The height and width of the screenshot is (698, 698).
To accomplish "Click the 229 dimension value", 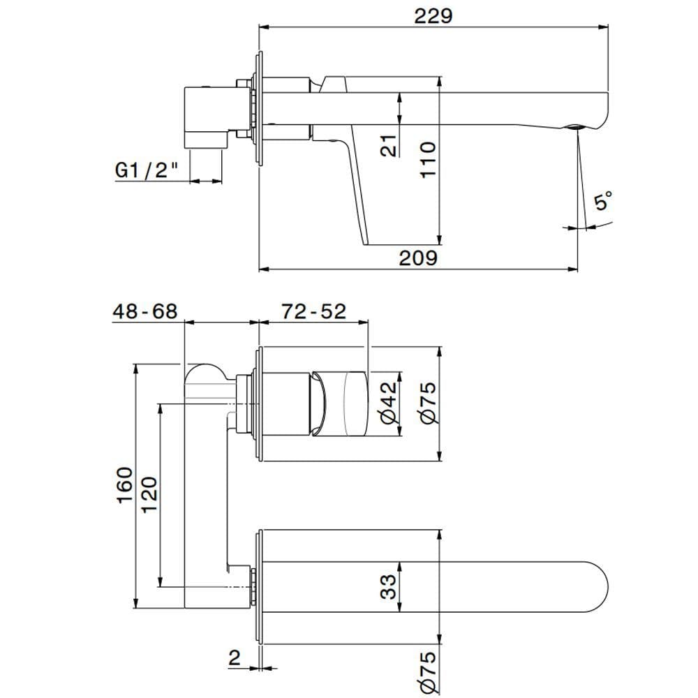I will tap(433, 15).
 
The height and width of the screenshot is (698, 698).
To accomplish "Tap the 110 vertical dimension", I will tap(427, 160).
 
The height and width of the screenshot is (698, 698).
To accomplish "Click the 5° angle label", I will tap(602, 202).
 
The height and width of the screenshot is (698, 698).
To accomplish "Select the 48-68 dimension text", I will tap(145, 311).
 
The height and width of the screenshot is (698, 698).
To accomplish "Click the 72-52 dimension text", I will tap(313, 311).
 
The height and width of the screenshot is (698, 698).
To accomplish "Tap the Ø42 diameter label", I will tap(388, 404).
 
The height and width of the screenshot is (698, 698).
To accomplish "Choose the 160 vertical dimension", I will tap(124, 484).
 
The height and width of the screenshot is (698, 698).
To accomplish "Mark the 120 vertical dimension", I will tap(150, 495).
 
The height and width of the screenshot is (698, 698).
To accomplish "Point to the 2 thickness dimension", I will tap(234, 656).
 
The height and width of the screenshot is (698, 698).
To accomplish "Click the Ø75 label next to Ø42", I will tap(428, 403).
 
